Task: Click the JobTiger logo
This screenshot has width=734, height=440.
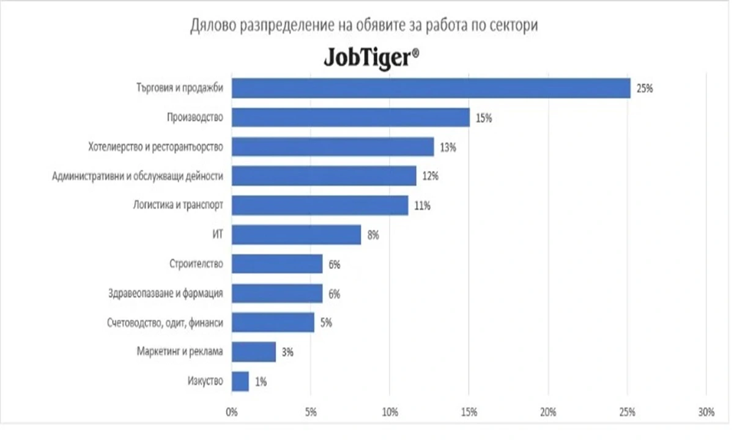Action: [371, 59]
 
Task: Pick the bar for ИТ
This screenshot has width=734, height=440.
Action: [297, 235]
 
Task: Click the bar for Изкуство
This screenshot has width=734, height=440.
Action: [240, 382]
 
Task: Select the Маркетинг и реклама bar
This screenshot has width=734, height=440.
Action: [254, 352]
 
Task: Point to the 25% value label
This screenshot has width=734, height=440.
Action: [645, 89]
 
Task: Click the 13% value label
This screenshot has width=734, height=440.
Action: [448, 147]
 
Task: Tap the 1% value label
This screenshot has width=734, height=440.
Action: [261, 383]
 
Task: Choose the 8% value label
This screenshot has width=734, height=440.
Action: [373, 235]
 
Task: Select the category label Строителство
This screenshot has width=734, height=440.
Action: [196, 265]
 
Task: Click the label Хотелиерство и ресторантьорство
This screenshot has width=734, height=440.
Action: [153, 147]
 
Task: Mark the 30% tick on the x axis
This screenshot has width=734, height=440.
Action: [706, 413]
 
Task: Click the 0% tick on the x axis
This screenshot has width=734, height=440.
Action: [232, 413]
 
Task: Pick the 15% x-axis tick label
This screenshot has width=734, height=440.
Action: [469, 413]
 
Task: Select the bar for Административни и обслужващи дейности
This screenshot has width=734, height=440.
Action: [324, 176]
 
